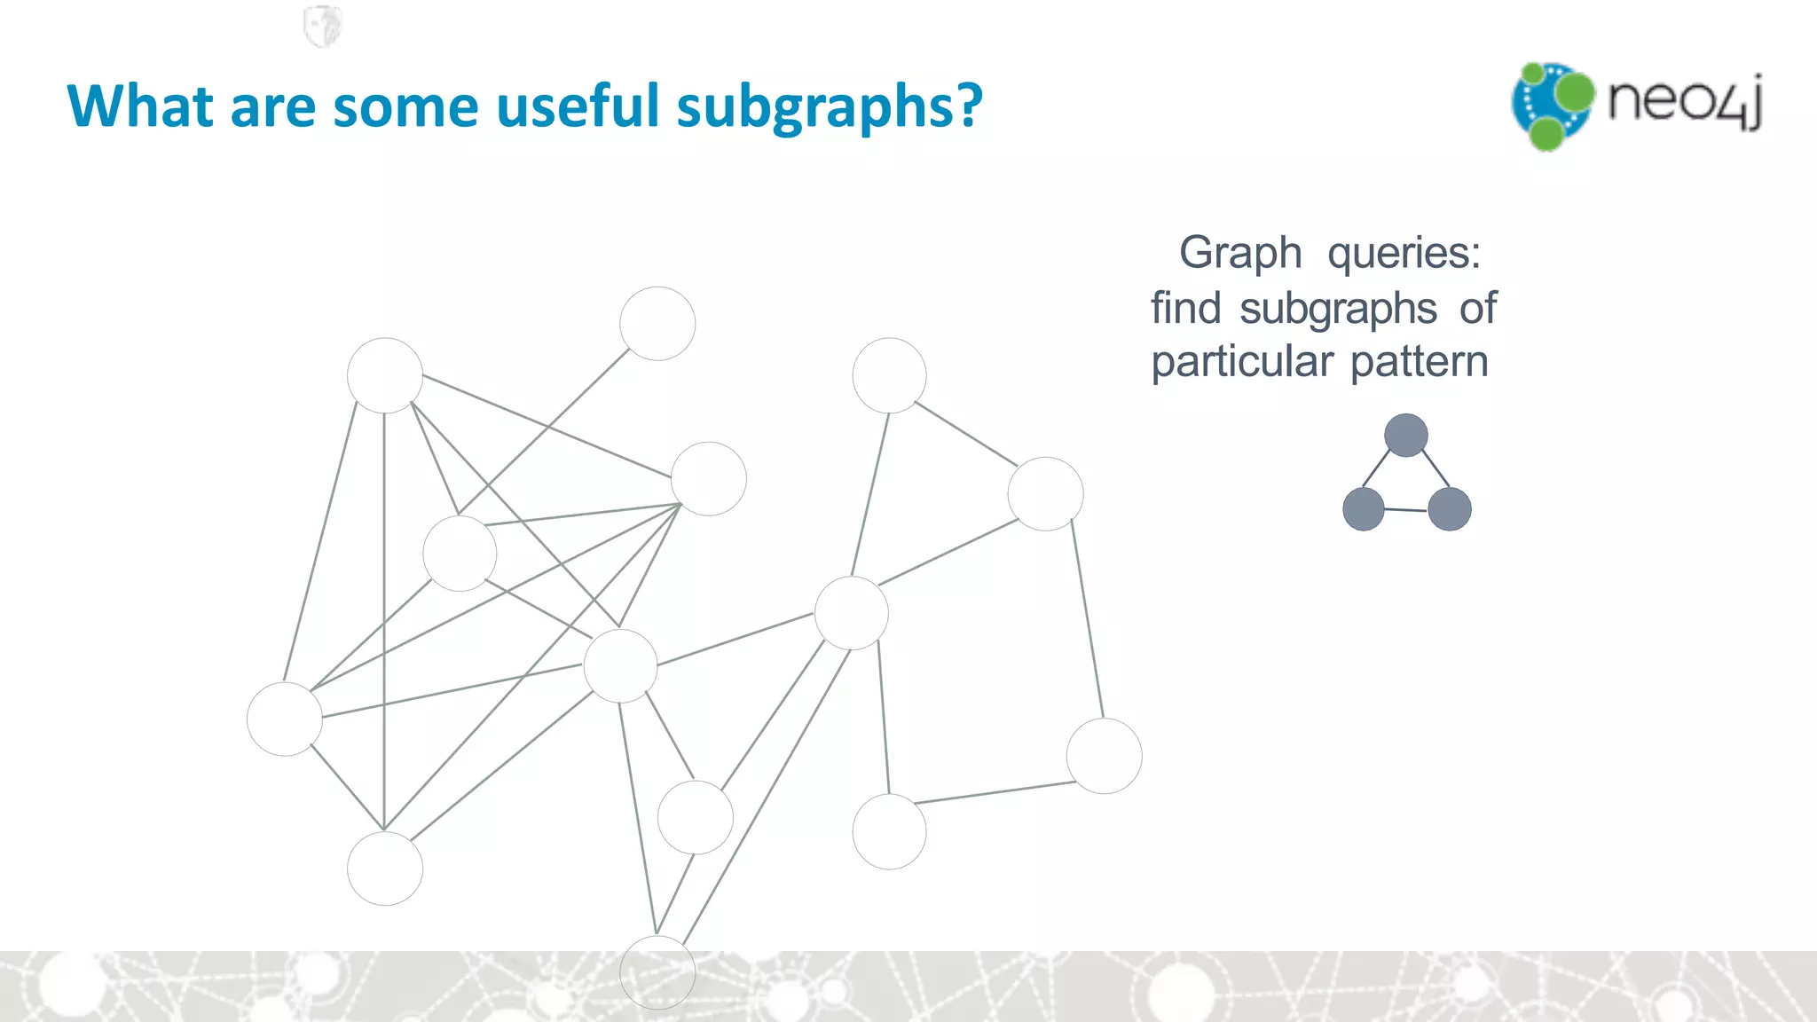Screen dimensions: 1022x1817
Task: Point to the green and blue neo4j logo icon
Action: [1552, 106]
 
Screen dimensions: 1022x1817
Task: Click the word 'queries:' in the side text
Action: [1404, 254]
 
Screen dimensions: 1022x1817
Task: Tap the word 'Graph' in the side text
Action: [1240, 254]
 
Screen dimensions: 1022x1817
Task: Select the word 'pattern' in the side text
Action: [1419, 362]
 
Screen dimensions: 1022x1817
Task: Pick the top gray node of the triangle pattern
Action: [1406, 436]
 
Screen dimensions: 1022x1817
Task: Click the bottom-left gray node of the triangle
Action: [1364, 509]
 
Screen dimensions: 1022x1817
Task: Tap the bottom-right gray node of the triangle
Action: [1450, 509]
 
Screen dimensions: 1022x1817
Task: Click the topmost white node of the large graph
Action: [657, 324]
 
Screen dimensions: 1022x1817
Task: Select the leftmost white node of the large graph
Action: [284, 719]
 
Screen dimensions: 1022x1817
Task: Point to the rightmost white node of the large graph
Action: [1104, 756]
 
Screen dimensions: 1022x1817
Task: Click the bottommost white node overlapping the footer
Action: [657, 972]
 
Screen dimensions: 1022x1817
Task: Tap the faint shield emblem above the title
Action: [322, 26]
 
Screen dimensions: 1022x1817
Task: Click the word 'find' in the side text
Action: [1185, 309]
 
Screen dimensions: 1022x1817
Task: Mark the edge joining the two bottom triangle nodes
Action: [1406, 510]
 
